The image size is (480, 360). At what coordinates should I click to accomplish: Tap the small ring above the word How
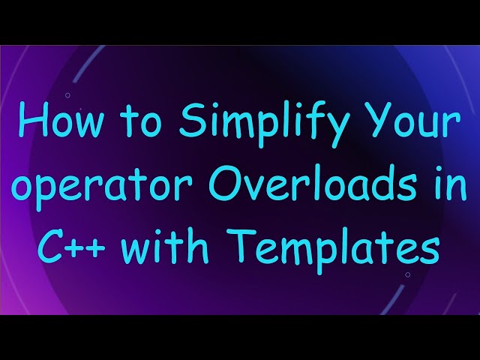pos(67,95)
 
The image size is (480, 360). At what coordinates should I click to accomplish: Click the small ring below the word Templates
pos(407,274)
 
